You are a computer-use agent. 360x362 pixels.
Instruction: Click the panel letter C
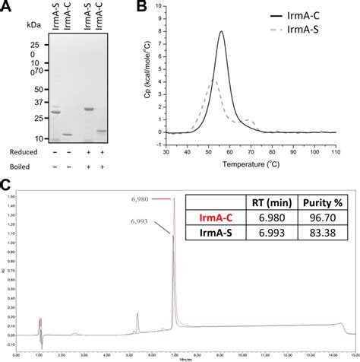pyautogui.click(x=6, y=185)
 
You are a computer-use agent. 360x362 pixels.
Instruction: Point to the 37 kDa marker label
pyautogui.click(x=36, y=102)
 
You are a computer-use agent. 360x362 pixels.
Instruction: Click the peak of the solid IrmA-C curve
pyautogui.click(x=221, y=32)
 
